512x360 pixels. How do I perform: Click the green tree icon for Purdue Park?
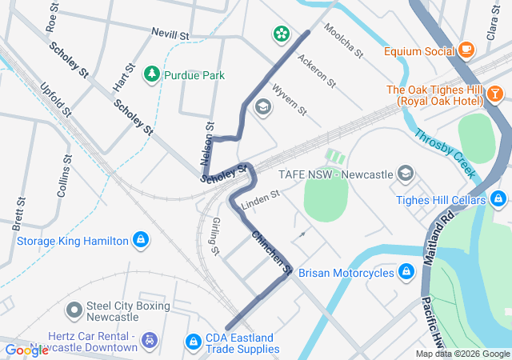tap(151, 75)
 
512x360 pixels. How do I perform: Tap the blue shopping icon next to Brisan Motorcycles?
tap(406, 273)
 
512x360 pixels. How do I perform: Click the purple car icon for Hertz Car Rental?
tap(149, 342)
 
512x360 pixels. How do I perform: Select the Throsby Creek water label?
tap(445, 153)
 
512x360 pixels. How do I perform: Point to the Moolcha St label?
tap(344, 40)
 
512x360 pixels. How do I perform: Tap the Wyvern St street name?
tap(290, 99)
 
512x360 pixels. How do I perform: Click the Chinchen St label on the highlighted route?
tap(271, 254)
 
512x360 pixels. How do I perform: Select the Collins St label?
tap(65, 177)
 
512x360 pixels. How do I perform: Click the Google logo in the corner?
tap(26, 350)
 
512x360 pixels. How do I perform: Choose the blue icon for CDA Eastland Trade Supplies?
tap(193, 342)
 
